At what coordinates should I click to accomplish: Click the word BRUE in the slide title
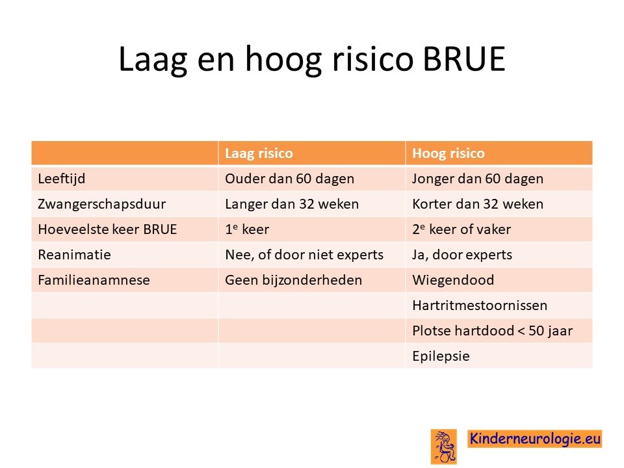(x=463, y=59)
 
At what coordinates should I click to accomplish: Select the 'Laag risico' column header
(x=259, y=153)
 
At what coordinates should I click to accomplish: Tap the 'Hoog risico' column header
(x=448, y=153)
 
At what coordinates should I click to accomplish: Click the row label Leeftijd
(x=62, y=179)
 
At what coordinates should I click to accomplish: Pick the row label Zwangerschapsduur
(x=102, y=204)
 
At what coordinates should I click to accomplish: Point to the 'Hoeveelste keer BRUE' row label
(x=107, y=229)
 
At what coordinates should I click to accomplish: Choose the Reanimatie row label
(x=74, y=255)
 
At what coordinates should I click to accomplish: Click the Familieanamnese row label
(x=94, y=280)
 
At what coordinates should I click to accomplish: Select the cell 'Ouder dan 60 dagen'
(x=290, y=179)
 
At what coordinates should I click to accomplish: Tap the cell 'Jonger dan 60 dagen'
(x=478, y=179)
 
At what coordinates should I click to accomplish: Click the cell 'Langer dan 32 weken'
(x=292, y=205)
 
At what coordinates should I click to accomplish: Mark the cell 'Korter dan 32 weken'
(x=478, y=204)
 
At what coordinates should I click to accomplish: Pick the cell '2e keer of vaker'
(x=461, y=229)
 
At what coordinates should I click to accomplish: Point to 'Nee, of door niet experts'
(x=304, y=255)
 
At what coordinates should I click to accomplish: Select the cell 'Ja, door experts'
(x=462, y=255)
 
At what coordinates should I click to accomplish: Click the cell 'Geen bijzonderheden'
(x=294, y=281)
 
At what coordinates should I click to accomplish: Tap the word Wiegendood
(x=453, y=281)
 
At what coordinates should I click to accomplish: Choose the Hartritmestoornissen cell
(x=480, y=305)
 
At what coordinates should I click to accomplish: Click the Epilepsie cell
(x=441, y=357)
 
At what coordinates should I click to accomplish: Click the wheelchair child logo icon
(x=444, y=447)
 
